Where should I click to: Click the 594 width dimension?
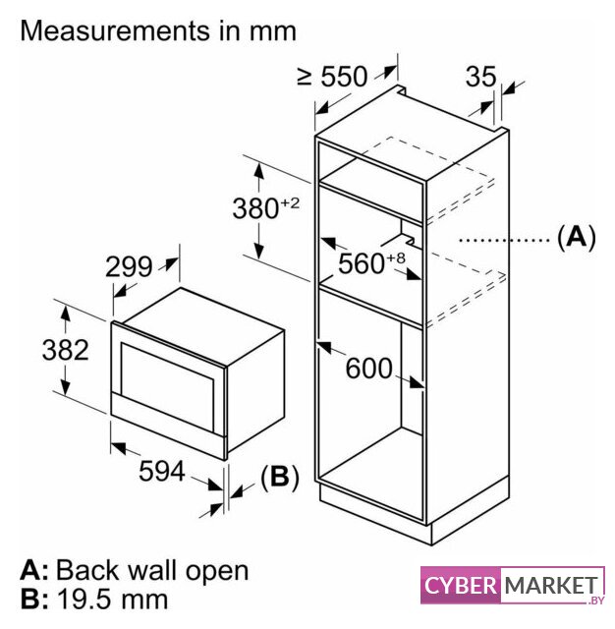[x=161, y=471]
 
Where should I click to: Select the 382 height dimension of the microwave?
[x=66, y=350]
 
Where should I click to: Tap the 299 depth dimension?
[x=129, y=266]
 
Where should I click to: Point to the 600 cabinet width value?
[x=368, y=369]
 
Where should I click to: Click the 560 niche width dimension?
[x=362, y=263]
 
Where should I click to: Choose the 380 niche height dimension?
[x=255, y=208]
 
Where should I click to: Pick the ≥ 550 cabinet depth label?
[x=332, y=77]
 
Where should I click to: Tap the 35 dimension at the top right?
[x=480, y=77]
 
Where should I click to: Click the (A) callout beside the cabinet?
[x=577, y=238]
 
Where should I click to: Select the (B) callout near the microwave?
[x=280, y=478]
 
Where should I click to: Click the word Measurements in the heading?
[x=115, y=30]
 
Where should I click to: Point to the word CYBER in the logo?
[x=460, y=586]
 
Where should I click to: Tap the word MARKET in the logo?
[x=551, y=586]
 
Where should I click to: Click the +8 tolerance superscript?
[x=396, y=257]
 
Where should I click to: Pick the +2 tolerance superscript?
[x=290, y=203]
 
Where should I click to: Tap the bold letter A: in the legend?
[x=34, y=570]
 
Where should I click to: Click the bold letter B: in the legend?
[x=34, y=600]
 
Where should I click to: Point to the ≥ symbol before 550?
[x=306, y=77]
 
